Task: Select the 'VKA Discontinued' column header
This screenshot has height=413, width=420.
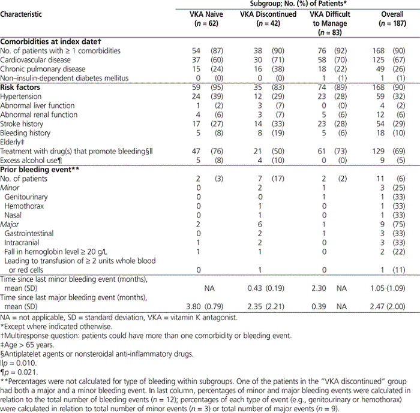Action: [x=265, y=14]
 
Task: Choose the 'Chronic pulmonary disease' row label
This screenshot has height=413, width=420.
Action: [x=43, y=69]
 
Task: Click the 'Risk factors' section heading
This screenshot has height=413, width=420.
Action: [x=21, y=88]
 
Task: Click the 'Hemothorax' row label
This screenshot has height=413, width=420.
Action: [x=23, y=205]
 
